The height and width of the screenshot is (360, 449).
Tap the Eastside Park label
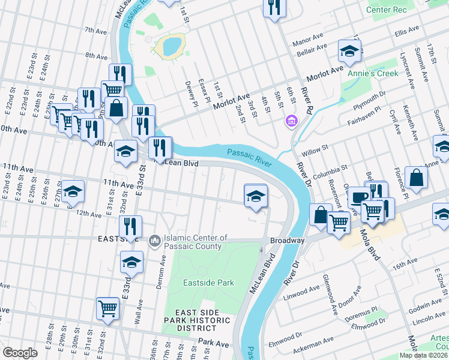pyautogui.click(x=200, y=282)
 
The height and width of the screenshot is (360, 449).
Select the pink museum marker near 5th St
pyautogui.click(x=292, y=122)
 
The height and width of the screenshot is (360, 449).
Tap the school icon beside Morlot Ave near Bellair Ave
pyautogui.click(x=349, y=52)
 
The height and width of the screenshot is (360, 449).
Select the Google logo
pyautogui.click(x=20, y=352)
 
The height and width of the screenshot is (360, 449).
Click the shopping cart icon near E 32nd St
pyautogui.click(x=108, y=308)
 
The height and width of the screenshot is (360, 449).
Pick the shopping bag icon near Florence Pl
pyautogui.click(x=416, y=178)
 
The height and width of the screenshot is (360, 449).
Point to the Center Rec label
pyautogui.click(x=386, y=10)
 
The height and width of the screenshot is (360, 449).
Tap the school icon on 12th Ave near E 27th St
pyautogui.click(x=73, y=191)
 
